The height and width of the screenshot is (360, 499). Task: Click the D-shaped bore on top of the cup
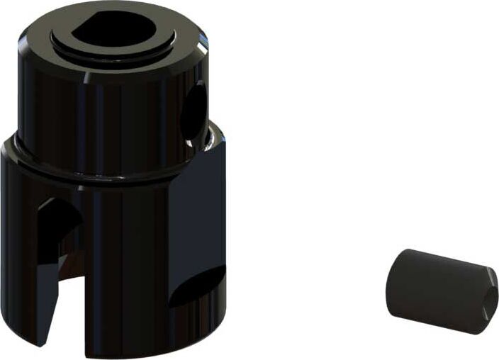[113, 30]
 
